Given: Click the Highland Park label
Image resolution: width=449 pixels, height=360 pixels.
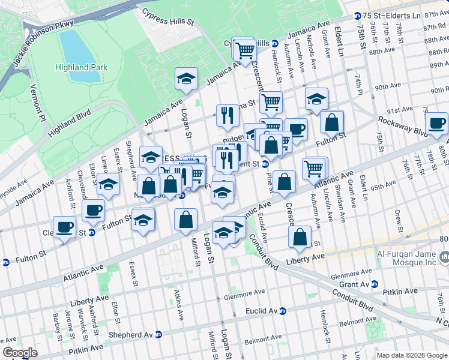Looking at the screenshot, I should coord(82,67).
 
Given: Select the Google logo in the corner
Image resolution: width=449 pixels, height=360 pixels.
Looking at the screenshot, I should coord(20,353).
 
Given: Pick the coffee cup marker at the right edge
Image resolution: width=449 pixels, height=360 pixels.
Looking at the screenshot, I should coord(436,123).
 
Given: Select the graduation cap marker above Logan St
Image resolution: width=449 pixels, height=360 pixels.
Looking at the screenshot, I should coord(187,79).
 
